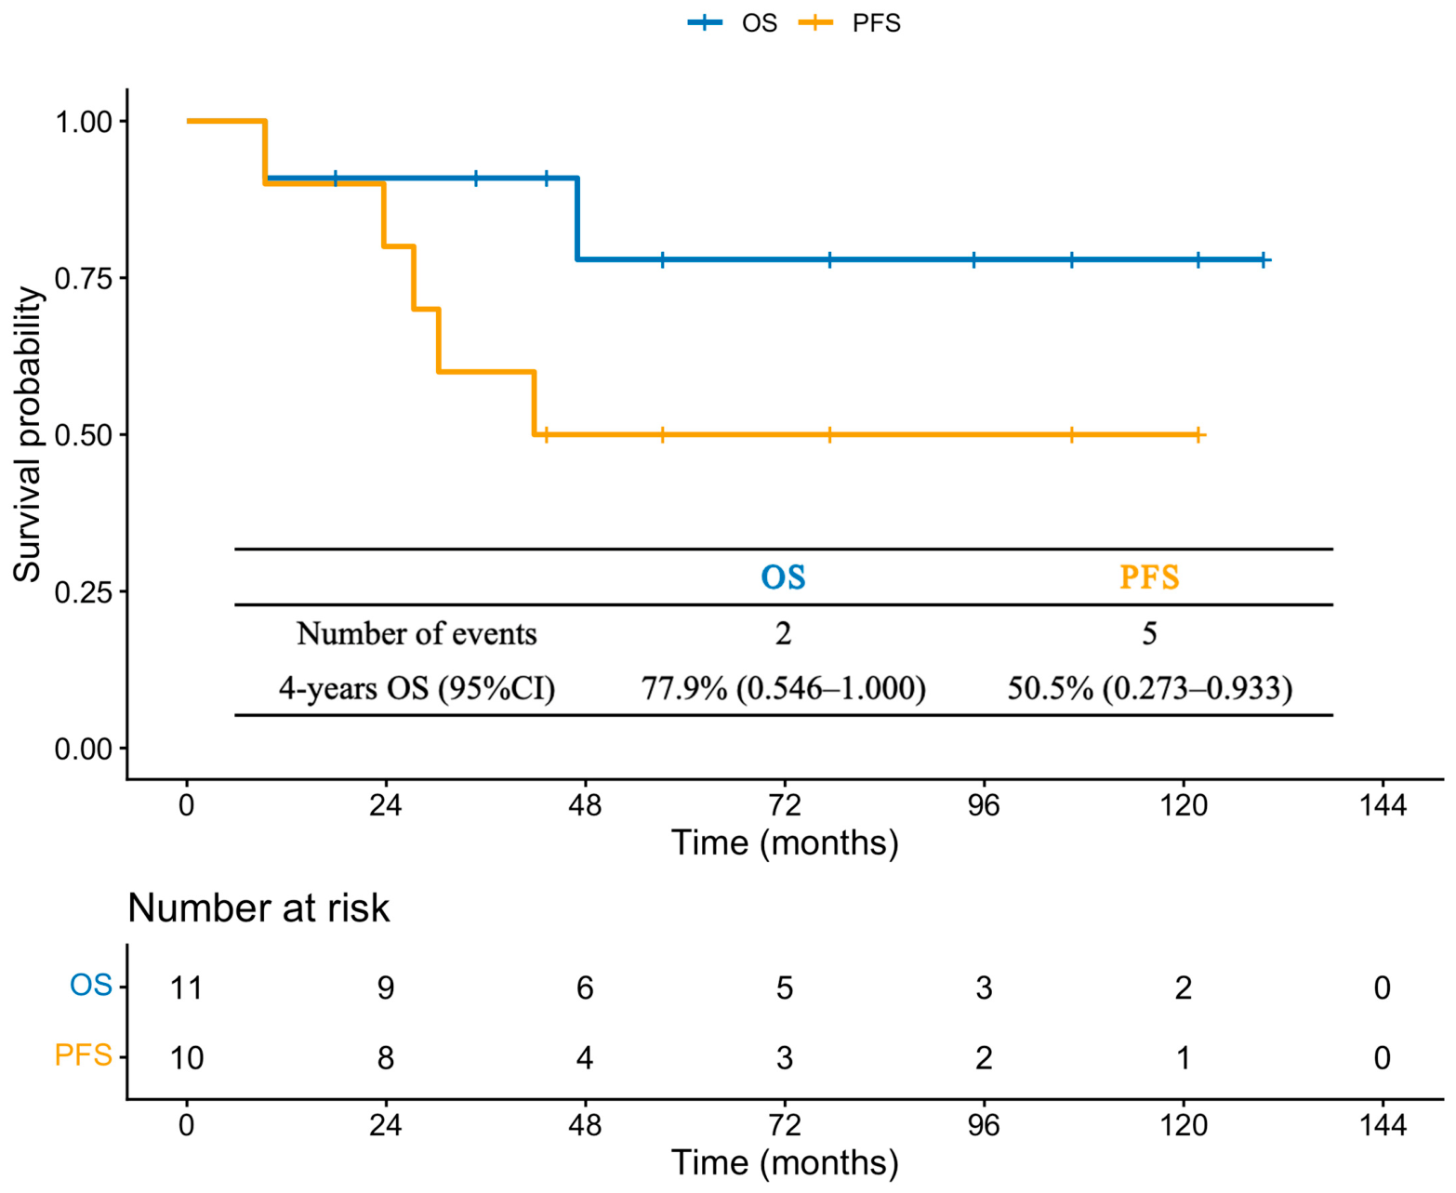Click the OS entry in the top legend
pos(733,23)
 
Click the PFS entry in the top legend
pos(849,23)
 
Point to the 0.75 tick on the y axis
pos(121,277)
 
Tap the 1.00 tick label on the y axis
pos(84,122)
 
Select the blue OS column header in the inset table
pos(783,577)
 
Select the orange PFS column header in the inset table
pos(1149,577)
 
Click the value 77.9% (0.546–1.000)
pos(784,688)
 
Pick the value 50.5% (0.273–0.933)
pos(1149,688)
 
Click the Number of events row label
pos(417,633)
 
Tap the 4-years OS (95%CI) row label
pos(417,688)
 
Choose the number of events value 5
pos(1149,633)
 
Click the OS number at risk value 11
pos(186,988)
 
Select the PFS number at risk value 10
pos(186,1057)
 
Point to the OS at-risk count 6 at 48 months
pos(585,988)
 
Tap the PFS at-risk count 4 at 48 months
pos(585,1057)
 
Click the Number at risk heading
pos(258,908)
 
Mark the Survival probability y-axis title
pos(28,434)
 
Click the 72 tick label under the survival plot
pos(785,805)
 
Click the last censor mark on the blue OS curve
pos(1262,260)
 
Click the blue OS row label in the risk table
pos(91,986)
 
